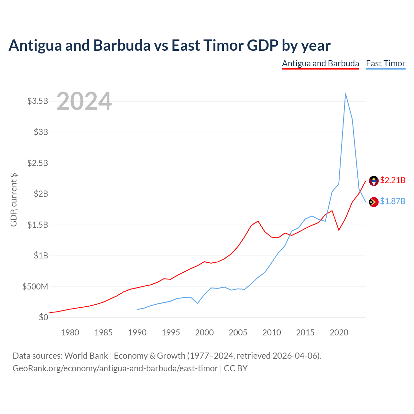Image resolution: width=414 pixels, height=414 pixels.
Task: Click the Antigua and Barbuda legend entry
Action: [320, 64]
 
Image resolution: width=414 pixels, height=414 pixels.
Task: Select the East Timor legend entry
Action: [386, 64]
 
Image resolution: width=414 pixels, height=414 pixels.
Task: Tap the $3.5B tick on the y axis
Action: [38, 101]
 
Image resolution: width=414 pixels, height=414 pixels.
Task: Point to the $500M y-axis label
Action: [35, 286]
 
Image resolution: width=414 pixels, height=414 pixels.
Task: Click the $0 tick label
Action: [43, 317]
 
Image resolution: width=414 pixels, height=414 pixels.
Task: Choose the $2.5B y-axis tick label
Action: [38, 163]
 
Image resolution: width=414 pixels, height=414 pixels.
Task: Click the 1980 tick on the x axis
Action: [70, 332]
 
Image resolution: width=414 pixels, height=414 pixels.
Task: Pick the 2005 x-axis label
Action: [238, 332]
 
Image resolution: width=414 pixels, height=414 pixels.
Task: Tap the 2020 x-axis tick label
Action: [339, 332]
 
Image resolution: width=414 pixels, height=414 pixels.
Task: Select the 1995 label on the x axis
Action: [170, 332]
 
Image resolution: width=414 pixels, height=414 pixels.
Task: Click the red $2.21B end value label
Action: [393, 180]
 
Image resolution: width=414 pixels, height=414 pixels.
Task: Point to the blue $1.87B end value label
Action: [393, 201]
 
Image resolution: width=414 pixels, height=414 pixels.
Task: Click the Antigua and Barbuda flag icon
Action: [374, 181]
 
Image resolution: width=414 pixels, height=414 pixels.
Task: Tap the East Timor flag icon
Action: [374, 202]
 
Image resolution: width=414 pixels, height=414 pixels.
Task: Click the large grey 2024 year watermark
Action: [84, 101]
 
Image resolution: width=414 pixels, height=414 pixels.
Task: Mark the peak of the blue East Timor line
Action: [345, 93]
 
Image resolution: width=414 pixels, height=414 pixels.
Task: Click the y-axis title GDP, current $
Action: [14, 200]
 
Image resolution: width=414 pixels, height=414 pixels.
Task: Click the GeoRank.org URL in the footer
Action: [115, 368]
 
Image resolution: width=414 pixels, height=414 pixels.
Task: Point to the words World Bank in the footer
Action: [86, 356]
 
